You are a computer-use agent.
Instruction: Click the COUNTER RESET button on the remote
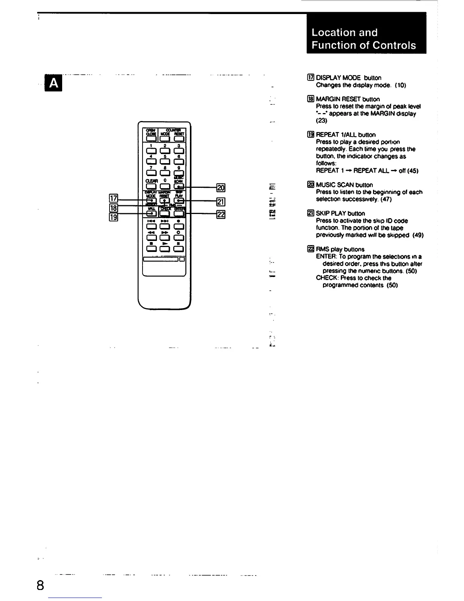(178, 138)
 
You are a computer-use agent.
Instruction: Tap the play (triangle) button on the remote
(165, 249)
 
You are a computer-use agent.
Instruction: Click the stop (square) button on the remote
(151, 249)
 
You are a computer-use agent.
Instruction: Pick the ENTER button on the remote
(178, 214)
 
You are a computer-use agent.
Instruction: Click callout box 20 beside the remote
(220, 187)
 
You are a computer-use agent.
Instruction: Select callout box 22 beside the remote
(220, 214)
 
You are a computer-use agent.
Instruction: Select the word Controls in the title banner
(394, 46)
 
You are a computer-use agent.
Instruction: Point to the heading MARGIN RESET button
(348, 99)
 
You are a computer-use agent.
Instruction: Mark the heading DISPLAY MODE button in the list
(348, 78)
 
